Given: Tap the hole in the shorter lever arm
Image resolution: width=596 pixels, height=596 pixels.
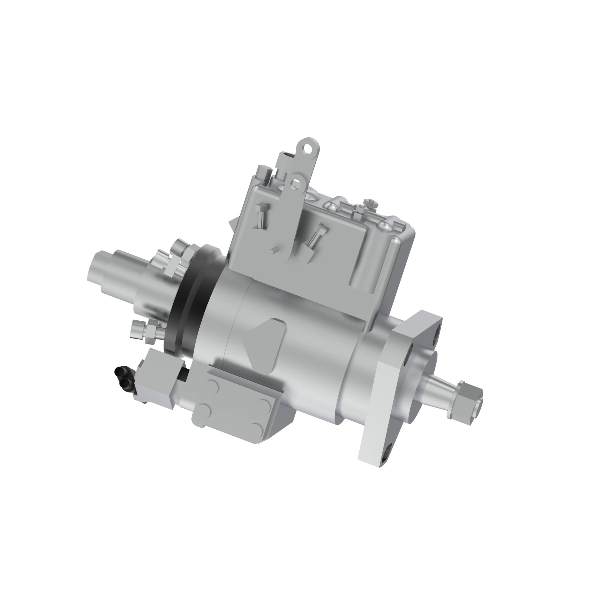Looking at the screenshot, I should [x=297, y=184].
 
